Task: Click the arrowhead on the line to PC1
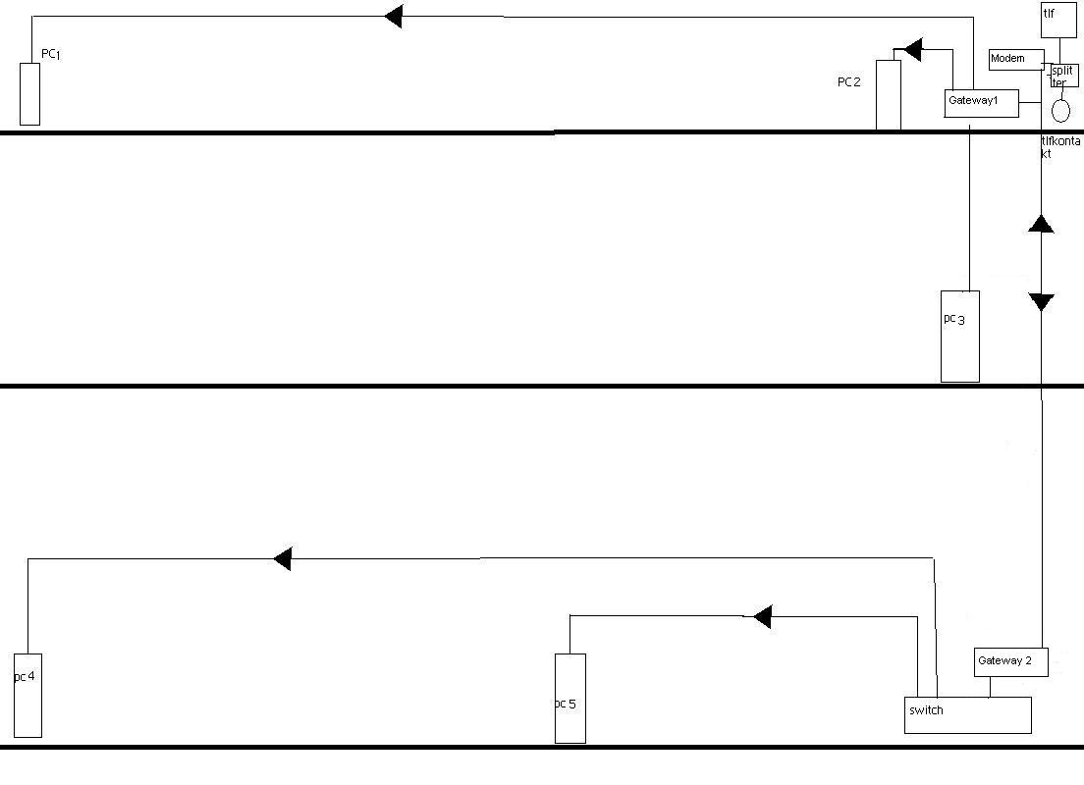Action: pyautogui.click(x=394, y=16)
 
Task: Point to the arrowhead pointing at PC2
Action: pyautogui.click(x=913, y=50)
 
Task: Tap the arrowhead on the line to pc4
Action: pyautogui.click(x=283, y=558)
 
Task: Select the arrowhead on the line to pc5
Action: pyautogui.click(x=763, y=616)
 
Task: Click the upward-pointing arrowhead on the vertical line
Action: pyautogui.click(x=1041, y=224)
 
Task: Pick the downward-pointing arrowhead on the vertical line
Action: pyautogui.click(x=1041, y=302)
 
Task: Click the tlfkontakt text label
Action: pyautogui.click(x=1060, y=147)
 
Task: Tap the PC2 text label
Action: pyautogui.click(x=849, y=82)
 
